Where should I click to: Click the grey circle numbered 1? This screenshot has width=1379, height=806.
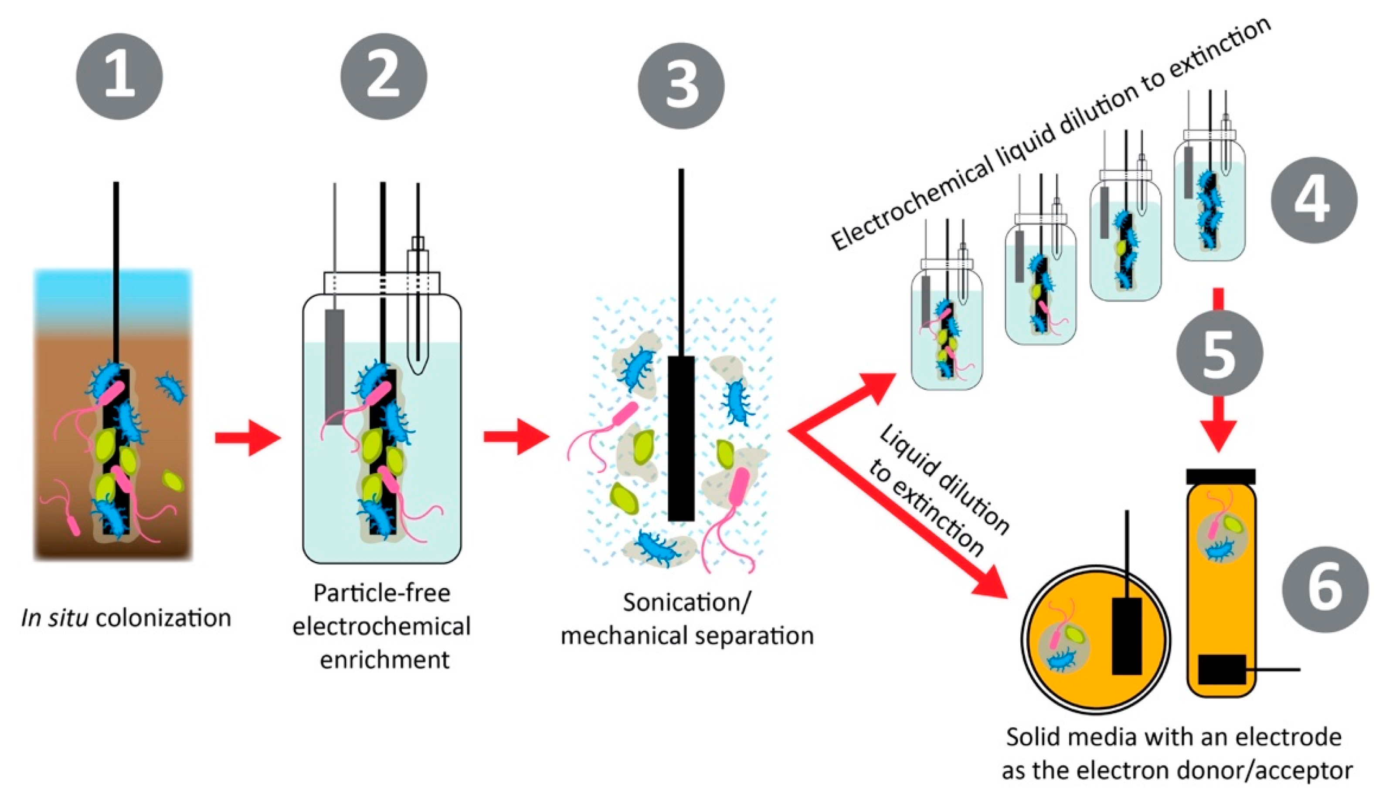coord(119,77)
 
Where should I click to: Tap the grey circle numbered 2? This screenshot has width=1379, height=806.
coord(384,77)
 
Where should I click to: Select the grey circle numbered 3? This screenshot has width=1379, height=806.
coord(681,86)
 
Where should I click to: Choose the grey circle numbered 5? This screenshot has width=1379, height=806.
coord(1219,353)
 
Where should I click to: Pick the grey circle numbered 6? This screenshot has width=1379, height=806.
coord(1325,589)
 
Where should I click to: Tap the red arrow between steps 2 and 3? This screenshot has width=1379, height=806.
coord(516,437)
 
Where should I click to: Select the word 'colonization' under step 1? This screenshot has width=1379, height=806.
coord(163,618)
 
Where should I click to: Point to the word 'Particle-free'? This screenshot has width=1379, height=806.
coord(381,593)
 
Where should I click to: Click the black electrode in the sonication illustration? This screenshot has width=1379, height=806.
coord(681,438)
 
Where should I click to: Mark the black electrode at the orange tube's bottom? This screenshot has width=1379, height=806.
coord(1221,669)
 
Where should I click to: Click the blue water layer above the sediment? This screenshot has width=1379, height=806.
coord(114,301)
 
